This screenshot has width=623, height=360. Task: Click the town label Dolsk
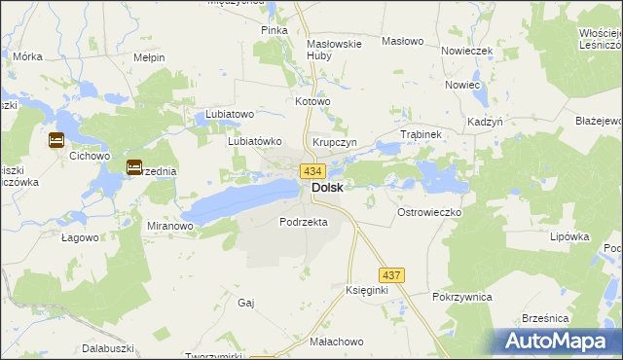tap(327, 188)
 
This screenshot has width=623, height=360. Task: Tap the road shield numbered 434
tap(312, 170)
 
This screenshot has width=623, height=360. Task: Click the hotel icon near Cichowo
tap(55, 140)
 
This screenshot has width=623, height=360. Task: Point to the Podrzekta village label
tap(303, 222)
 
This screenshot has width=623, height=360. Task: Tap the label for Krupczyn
tap(335, 142)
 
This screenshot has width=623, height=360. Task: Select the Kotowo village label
tap(313, 101)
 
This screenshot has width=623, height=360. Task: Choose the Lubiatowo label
tap(230, 114)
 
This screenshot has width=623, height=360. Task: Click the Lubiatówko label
tap(254, 140)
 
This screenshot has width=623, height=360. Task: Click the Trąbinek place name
tap(422, 134)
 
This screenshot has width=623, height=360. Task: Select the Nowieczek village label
tap(468, 51)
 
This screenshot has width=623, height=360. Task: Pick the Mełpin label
tap(149, 57)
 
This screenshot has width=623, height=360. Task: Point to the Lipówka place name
tap(570, 236)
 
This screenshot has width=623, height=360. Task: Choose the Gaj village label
tap(245, 303)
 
